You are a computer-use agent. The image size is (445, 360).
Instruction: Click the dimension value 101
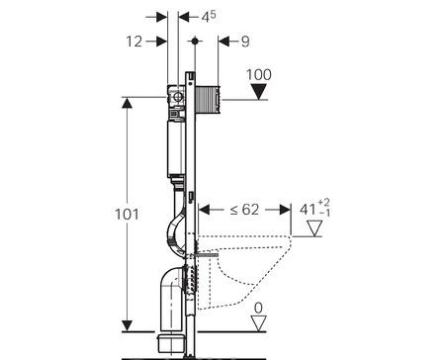click(x=127, y=215)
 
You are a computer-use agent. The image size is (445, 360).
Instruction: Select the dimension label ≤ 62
click(x=244, y=210)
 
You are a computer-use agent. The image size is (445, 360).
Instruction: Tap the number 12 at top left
click(x=134, y=42)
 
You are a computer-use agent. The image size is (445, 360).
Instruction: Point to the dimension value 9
click(x=245, y=42)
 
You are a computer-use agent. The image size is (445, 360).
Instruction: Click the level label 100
click(x=259, y=75)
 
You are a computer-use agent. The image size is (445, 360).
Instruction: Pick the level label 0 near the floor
click(x=259, y=309)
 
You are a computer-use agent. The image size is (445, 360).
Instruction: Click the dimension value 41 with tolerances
click(x=314, y=209)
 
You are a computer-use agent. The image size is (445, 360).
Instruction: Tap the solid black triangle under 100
click(x=259, y=91)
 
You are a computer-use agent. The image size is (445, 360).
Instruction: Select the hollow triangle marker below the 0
click(x=258, y=323)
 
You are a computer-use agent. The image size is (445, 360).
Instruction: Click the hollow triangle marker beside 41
click(x=314, y=228)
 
